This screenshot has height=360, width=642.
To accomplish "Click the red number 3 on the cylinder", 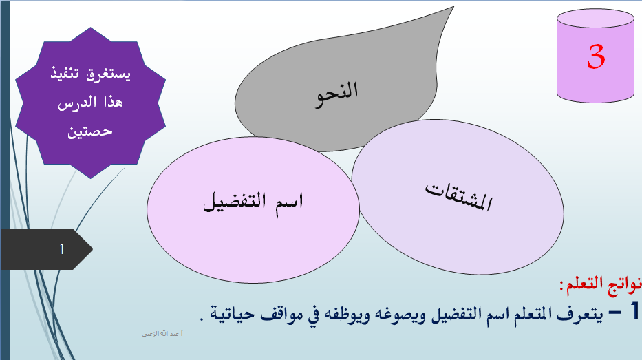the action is [x=596, y=56].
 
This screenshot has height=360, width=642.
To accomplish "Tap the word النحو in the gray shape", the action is [x=337, y=94].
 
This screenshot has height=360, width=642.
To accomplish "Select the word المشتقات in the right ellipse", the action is [x=458, y=196].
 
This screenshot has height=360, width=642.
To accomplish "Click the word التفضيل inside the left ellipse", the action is [x=235, y=202].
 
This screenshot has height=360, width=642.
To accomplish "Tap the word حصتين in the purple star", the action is [x=89, y=131].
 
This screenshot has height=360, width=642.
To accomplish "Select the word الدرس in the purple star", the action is [x=76, y=103].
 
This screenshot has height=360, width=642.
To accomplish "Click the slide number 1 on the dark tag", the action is [x=62, y=249].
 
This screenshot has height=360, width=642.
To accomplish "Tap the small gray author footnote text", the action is [x=162, y=334].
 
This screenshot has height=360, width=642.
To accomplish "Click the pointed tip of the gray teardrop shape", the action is [x=453, y=7].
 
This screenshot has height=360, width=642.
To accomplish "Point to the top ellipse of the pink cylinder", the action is [x=596, y=19].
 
